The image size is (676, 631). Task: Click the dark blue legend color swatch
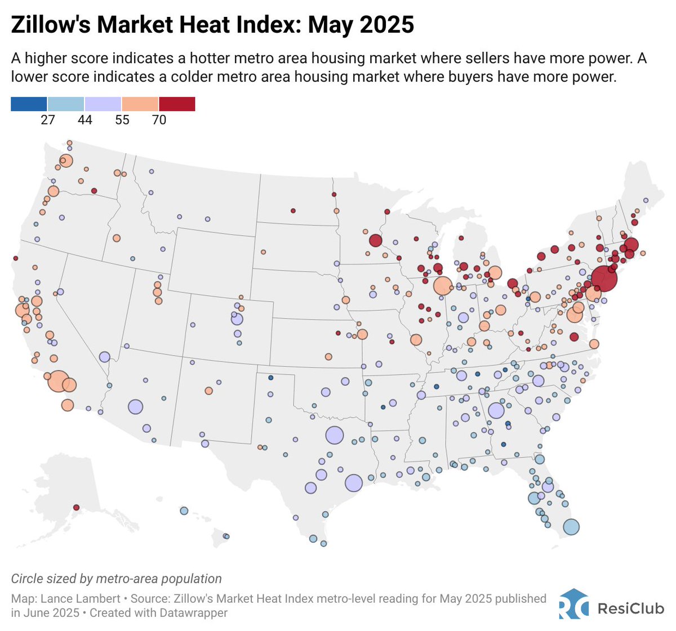pos(29,104)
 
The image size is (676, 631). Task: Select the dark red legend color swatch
pos(177,104)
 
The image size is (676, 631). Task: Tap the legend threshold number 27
pos(48,120)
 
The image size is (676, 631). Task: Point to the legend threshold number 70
pos(159,120)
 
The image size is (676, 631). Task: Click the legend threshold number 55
pos(122,120)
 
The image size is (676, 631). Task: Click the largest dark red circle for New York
pos(604,278)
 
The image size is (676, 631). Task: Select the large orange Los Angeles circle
pos(58,381)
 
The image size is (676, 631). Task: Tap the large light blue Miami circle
pos(571,527)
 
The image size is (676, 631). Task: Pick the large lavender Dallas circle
pos(334,435)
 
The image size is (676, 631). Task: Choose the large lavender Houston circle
pos(353,483)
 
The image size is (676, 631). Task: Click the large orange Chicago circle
pos(443,286)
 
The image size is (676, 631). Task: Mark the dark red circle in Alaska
pos(77,507)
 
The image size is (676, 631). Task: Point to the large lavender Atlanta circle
pos(496,410)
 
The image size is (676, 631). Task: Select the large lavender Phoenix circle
pos(135,406)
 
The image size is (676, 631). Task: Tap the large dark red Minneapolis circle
pos(376,241)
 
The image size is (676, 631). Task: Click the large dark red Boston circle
pos(631,245)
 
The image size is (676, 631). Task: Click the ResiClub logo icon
pos(573,605)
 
